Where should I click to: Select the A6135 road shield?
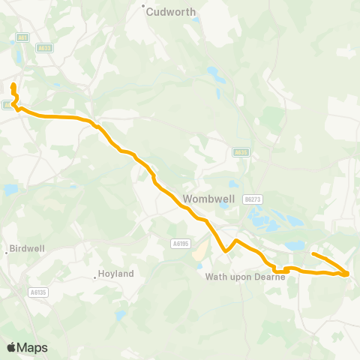(x=38, y=292)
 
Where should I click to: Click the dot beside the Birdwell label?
(x=7, y=252)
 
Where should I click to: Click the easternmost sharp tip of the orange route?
(x=349, y=274)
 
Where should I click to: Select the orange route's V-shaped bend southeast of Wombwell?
(x=224, y=252)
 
